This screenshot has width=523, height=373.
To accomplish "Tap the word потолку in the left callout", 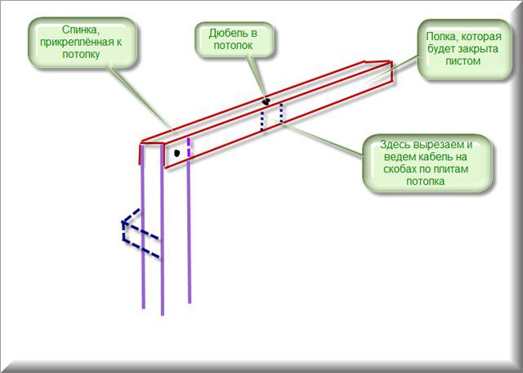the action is click(x=81, y=54).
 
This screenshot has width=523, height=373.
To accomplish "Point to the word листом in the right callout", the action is click(x=463, y=61).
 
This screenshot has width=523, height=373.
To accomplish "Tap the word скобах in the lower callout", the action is click(x=400, y=169).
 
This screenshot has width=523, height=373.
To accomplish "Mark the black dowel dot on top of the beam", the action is click(x=266, y=102).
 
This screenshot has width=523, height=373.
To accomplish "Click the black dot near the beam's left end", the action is click(x=177, y=153).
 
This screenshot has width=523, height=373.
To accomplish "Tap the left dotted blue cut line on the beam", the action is click(x=262, y=121).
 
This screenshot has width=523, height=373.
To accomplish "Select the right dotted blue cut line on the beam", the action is click(x=281, y=114).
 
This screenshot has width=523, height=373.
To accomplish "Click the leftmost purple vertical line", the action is click(x=143, y=227).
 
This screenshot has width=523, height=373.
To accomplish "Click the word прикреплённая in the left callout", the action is click(x=83, y=42).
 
